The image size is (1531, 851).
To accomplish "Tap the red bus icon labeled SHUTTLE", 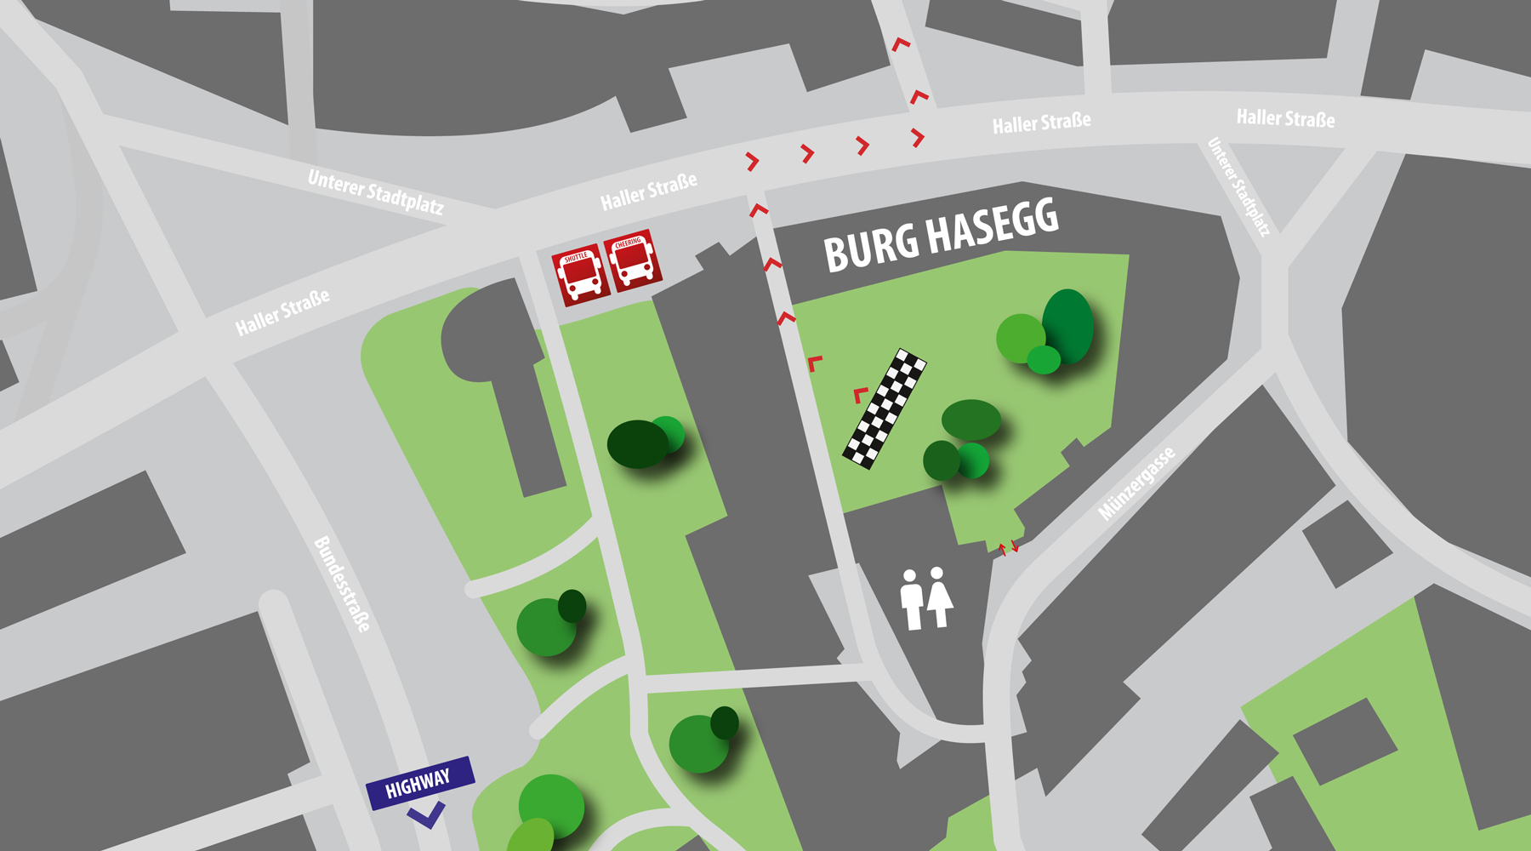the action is coord(580,274).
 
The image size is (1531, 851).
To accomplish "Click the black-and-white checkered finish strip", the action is coord(885,408).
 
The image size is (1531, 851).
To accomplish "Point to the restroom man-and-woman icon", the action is coord(926,598).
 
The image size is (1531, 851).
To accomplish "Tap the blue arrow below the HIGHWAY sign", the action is coord(426,816).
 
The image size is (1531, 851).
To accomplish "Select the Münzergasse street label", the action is coord(1136,483).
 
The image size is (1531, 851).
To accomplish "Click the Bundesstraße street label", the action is coord(342,584).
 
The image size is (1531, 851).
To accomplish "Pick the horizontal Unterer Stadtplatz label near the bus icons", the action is coord(375,192).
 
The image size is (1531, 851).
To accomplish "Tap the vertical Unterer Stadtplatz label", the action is coord(1238,187).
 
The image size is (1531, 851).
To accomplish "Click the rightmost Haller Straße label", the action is coord(1285,118).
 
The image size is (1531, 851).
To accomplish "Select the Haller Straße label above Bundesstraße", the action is coord(282,312).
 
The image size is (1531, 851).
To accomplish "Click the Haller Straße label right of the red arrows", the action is coord(1041,123).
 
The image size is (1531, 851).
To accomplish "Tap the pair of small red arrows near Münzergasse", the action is coord(1008,547).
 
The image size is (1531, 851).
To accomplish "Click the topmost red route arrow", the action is coord(901,43).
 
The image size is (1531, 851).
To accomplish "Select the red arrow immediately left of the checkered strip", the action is coord(861,394).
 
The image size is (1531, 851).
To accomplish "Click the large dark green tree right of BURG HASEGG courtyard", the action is coord(1067,326).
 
